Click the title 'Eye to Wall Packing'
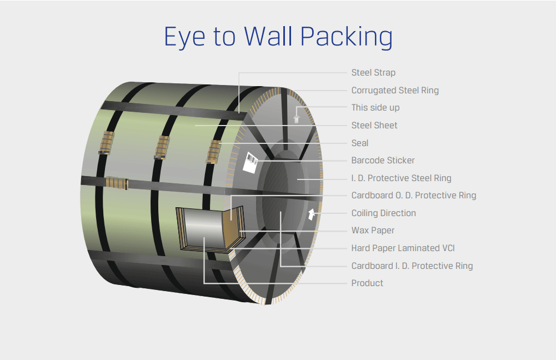click(278, 37)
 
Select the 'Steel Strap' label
click(373, 73)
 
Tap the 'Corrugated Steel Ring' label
click(395, 90)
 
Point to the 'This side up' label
click(375, 108)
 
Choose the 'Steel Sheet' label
click(374, 126)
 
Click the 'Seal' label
click(360, 143)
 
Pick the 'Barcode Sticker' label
click(383, 161)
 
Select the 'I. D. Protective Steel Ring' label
click(401, 178)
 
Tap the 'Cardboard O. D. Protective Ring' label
click(413, 196)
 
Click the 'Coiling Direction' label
click(383, 213)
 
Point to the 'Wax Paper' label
click(373, 231)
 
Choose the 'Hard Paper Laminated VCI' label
click(403, 248)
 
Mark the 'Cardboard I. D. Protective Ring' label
click(412, 266)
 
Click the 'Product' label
click(367, 283)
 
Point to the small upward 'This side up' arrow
click(297, 117)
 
